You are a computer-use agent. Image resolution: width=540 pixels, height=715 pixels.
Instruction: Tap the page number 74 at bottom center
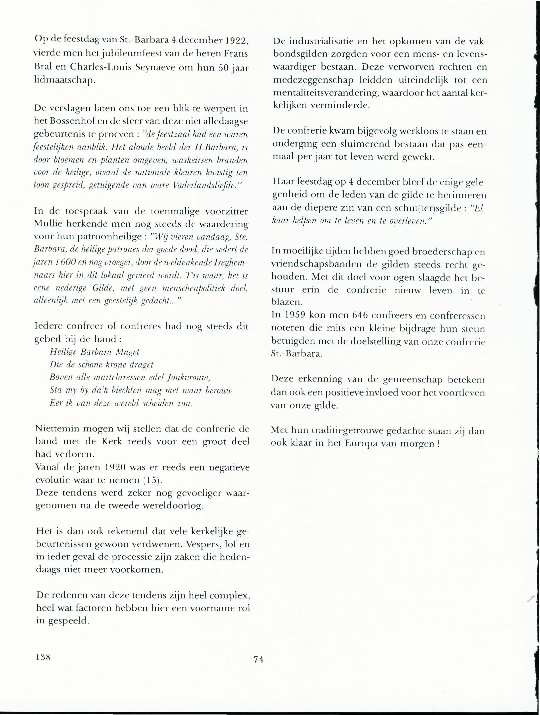coord(259,659)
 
